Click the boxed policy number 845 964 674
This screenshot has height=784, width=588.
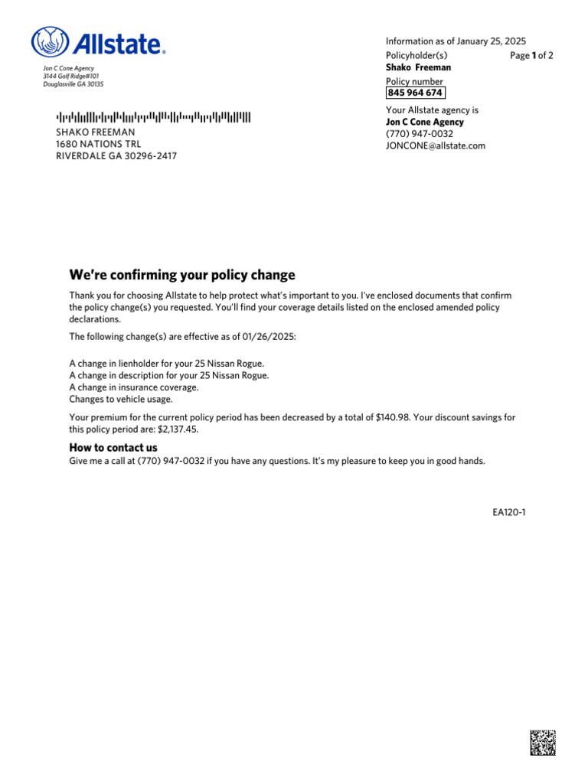[x=415, y=93]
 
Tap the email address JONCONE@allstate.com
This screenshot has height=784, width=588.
[x=435, y=145]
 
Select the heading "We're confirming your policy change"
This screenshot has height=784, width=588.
[x=182, y=275]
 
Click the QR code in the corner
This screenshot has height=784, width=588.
[x=542, y=743]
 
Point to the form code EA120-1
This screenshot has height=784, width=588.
[x=509, y=512]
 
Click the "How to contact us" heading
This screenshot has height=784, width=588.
[x=113, y=447]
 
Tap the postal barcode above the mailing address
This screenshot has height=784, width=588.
[x=153, y=117]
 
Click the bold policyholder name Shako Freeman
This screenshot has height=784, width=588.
[x=418, y=67]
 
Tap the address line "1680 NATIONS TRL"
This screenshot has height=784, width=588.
[x=100, y=144]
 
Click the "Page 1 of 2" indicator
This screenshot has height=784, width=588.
[x=531, y=55]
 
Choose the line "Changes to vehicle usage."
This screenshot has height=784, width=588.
[x=121, y=399]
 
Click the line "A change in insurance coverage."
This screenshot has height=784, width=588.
[x=134, y=387]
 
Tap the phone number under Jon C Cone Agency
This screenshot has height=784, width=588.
[x=419, y=134]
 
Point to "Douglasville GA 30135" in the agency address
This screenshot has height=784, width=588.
[x=73, y=84]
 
